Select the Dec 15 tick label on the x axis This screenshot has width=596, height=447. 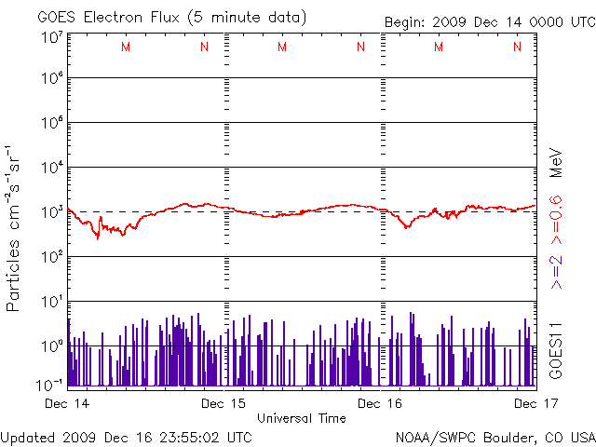(223, 403)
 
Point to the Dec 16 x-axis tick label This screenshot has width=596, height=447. (379, 403)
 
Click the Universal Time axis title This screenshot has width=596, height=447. (302, 418)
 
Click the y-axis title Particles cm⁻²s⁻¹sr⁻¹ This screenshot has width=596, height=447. (16, 227)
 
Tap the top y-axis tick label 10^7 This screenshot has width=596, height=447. (52, 38)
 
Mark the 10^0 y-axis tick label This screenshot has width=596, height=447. (52, 346)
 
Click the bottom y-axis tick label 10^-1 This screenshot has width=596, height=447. (52, 383)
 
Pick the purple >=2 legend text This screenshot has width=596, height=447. (555, 269)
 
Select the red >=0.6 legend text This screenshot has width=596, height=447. (555, 222)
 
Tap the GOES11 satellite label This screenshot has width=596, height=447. (555, 348)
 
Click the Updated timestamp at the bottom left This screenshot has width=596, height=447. (127, 437)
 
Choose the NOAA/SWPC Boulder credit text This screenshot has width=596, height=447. (494, 437)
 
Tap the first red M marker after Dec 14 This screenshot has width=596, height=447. (126, 47)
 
